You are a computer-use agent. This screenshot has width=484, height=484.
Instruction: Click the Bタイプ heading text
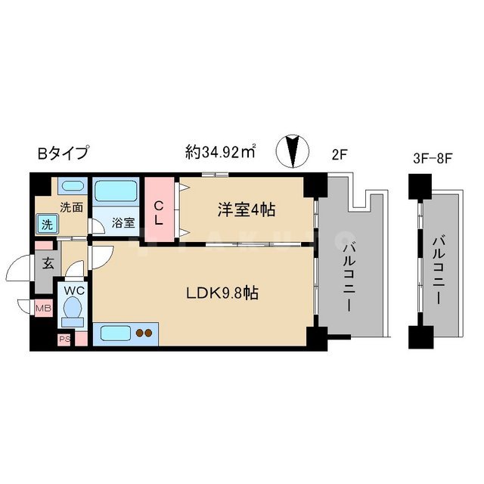click(x=63, y=153)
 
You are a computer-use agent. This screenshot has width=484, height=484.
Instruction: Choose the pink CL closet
click(x=160, y=206)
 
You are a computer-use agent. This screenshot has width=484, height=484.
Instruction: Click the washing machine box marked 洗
click(x=47, y=225)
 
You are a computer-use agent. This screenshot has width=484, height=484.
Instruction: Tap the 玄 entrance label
click(x=47, y=265)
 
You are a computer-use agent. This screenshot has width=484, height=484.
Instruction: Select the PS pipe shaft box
click(x=65, y=339)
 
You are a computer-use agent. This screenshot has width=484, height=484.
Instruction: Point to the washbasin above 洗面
click(x=72, y=187)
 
